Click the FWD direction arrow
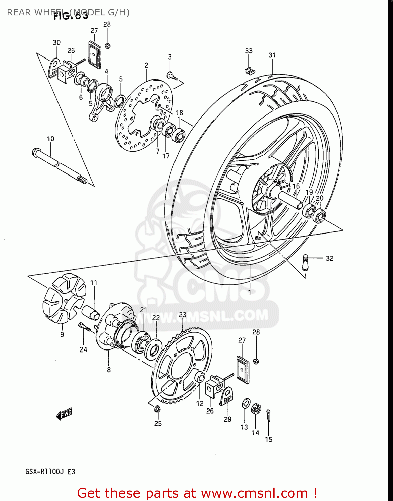point(64,414)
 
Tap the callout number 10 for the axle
point(50,139)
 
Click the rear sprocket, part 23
point(182,364)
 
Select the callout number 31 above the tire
point(272,55)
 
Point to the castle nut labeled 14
point(256,409)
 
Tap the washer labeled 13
point(246,403)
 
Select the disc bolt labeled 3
point(172,76)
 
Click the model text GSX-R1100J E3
point(50,472)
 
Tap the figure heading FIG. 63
point(71,16)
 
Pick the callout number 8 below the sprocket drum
point(109,370)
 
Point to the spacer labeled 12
point(200,377)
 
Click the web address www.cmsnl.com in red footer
point(254,493)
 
